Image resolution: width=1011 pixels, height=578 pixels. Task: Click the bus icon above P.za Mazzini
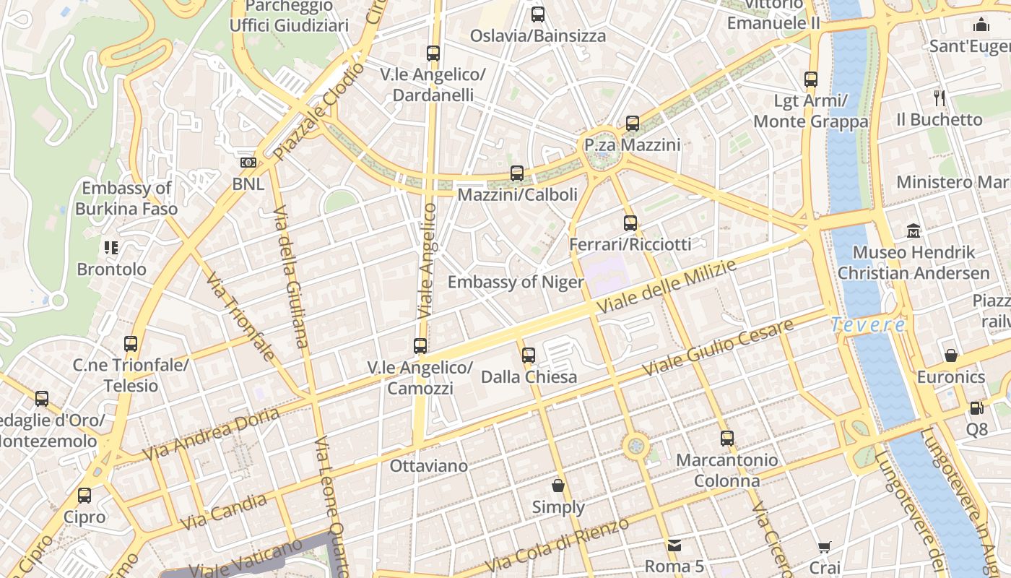pyautogui.click(x=633, y=124)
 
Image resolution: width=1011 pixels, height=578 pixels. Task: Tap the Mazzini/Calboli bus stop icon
pyautogui.click(x=517, y=173)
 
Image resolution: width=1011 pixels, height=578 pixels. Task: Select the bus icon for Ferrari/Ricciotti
pyautogui.click(x=630, y=223)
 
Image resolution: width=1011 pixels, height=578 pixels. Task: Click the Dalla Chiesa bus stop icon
pyautogui.click(x=529, y=355)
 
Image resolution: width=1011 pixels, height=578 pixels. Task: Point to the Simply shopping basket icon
pyautogui.click(x=558, y=486)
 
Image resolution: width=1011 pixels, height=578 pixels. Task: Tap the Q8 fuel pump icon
pyautogui.click(x=976, y=408)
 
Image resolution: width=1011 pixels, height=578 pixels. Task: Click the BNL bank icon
pyautogui.click(x=248, y=163)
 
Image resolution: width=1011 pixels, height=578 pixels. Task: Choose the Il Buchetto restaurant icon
pyautogui.click(x=940, y=98)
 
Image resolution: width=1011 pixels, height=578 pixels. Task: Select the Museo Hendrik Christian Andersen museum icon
pyautogui.click(x=914, y=231)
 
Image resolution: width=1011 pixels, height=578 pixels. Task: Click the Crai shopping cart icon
pyautogui.click(x=825, y=548)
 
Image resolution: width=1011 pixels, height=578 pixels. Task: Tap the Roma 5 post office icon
pyautogui.click(x=674, y=545)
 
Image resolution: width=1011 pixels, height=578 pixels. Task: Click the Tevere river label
pyautogui.click(x=868, y=325)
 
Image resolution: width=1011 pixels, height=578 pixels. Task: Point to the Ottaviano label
pyautogui.click(x=429, y=466)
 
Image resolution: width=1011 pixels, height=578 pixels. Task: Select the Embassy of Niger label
pyautogui.click(x=516, y=282)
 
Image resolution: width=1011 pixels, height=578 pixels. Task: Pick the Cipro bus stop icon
pyautogui.click(x=84, y=496)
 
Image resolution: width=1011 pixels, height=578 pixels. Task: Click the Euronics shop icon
pyautogui.click(x=951, y=355)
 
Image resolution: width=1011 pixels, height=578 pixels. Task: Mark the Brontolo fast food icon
pyautogui.click(x=111, y=249)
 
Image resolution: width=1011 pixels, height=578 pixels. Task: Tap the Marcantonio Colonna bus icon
pyautogui.click(x=727, y=439)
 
